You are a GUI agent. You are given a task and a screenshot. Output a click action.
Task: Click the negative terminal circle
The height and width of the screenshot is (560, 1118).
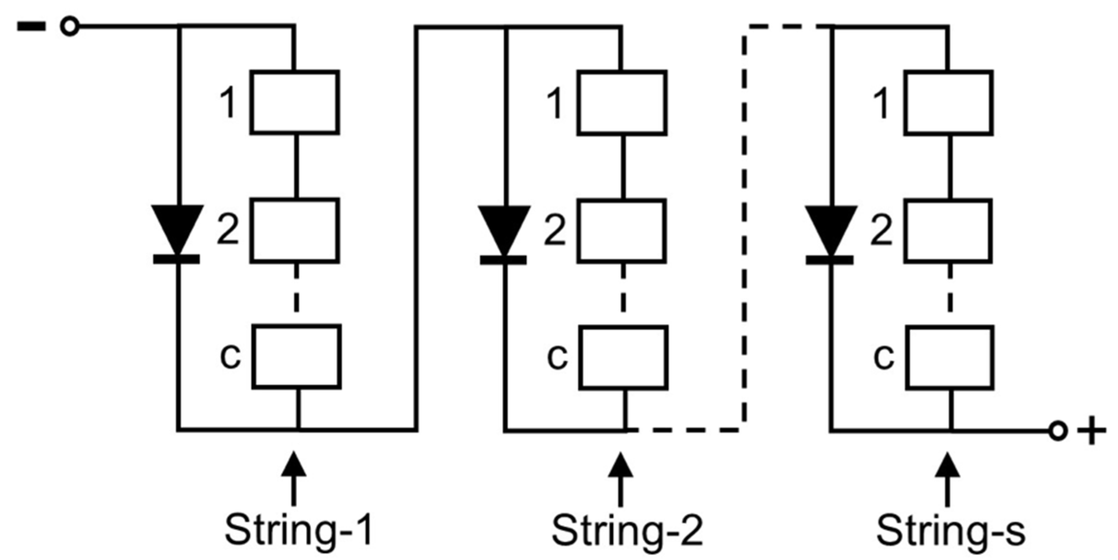[x=70, y=26]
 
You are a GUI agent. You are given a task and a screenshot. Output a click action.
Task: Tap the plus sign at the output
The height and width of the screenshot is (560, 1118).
[x=1091, y=431]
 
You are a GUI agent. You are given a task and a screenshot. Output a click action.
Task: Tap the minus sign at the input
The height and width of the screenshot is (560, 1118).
[x=31, y=26]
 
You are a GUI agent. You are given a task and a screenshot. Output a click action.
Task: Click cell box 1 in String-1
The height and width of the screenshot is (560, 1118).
[x=295, y=102]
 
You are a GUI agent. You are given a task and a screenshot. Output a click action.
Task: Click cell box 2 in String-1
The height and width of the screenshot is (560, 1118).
[x=295, y=230]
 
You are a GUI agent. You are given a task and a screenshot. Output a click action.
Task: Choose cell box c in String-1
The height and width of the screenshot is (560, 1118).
[x=297, y=356]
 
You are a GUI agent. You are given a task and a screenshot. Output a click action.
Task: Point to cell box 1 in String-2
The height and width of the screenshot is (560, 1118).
[x=622, y=103]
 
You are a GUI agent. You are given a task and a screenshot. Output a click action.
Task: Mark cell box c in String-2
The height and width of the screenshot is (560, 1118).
[x=624, y=357]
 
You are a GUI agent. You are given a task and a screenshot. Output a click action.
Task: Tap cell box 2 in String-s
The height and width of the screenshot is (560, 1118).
[x=948, y=231]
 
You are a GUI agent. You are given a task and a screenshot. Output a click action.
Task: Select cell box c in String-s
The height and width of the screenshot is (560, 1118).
[x=950, y=357]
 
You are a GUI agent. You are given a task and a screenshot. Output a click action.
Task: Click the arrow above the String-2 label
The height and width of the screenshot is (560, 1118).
[x=620, y=479]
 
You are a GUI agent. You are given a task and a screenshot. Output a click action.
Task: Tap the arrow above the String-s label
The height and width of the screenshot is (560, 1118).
[x=947, y=479]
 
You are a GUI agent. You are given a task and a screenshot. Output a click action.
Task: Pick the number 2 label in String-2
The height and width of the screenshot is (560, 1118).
[x=555, y=230]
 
